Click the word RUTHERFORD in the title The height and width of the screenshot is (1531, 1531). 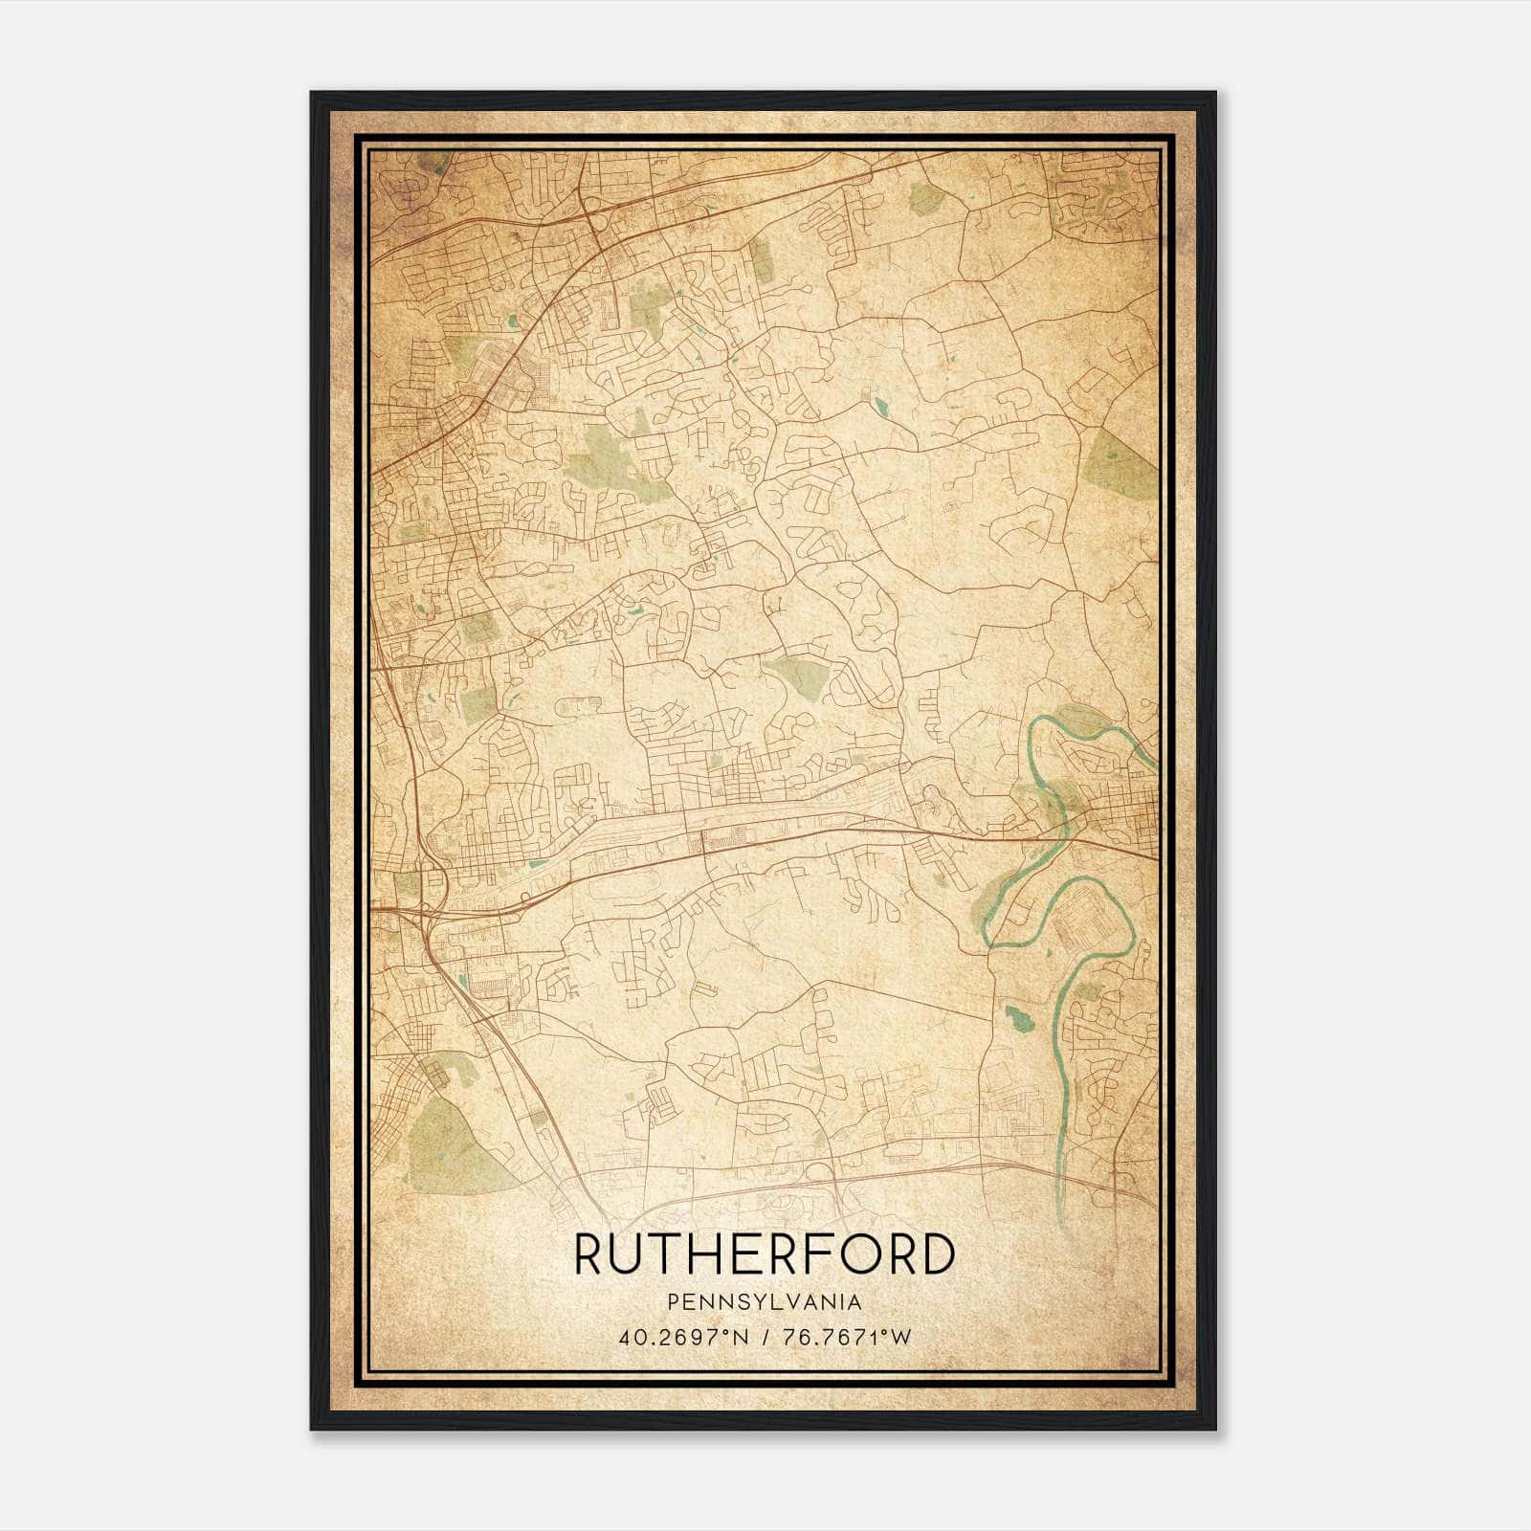tap(765, 1254)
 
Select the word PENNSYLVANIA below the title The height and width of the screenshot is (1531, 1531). tap(765, 1302)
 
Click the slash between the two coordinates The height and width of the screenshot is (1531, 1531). tap(765, 1337)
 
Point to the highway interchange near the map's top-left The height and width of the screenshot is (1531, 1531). tap(588, 205)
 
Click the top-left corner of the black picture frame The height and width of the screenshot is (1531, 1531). tap(312, 93)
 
